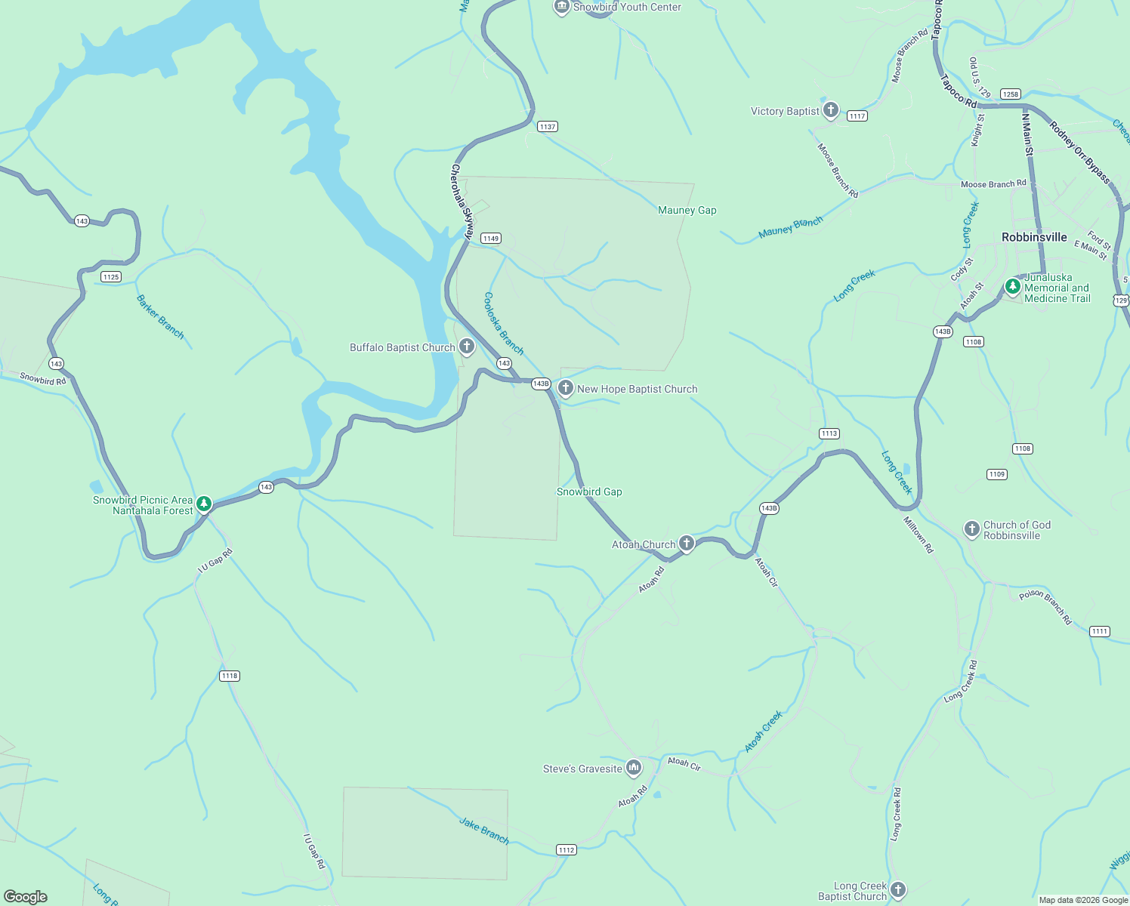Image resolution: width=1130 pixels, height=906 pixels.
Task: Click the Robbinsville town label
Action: coord(1034,237)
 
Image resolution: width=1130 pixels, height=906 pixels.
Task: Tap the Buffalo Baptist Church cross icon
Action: coord(467,347)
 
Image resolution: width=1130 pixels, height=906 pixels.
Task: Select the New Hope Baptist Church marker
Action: coord(565,388)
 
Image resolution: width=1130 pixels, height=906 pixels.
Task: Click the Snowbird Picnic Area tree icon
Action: coord(203,504)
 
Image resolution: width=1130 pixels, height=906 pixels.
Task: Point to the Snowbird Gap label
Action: coord(589,492)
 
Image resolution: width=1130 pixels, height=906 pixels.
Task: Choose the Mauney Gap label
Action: coord(687,210)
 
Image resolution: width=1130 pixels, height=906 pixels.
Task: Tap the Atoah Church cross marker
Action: coord(686,543)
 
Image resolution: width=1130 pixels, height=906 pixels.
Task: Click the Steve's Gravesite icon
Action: coord(634,768)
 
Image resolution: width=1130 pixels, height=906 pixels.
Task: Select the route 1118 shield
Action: coord(230,676)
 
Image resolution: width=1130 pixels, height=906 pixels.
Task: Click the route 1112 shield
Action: coord(567,849)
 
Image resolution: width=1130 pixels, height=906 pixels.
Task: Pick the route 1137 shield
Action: coord(548,127)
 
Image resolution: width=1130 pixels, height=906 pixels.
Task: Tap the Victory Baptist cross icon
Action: coord(831,110)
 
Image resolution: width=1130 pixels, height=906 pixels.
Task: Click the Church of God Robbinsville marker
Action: coord(972,528)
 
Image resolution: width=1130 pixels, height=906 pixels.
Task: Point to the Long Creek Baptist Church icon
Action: coord(897,889)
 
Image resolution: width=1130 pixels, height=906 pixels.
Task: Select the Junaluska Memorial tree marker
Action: coord(1013,287)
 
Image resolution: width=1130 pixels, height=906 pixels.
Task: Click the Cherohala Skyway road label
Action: coord(461,202)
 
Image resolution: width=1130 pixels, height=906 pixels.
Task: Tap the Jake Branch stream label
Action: coord(484,830)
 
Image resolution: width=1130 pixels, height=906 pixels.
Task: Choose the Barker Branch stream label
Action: coord(160,316)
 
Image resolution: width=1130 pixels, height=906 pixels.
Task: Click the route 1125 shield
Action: coord(111,276)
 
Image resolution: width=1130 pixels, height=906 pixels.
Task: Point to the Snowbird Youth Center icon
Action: coord(561,7)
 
